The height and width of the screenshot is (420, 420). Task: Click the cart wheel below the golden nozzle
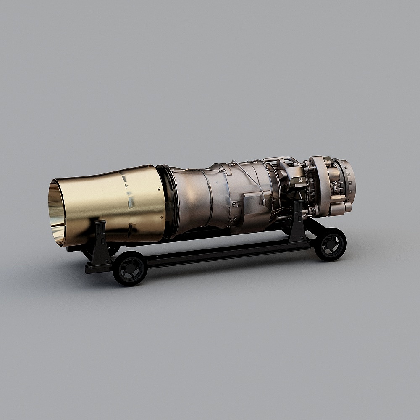tap(130, 268)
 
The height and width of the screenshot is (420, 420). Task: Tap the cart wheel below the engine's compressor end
tap(331, 244)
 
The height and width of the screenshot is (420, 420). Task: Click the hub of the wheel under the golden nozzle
tap(130, 269)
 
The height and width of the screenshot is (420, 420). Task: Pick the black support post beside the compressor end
tap(298, 223)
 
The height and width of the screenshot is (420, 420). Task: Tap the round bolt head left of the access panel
tap(235, 205)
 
